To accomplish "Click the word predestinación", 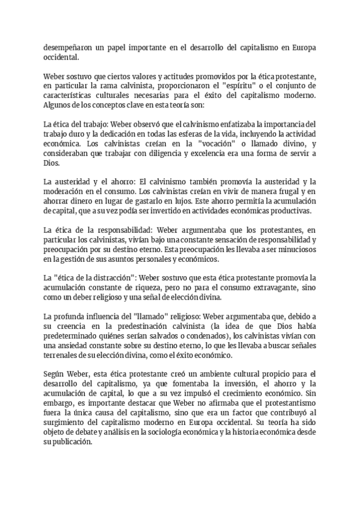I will pos(122,327).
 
